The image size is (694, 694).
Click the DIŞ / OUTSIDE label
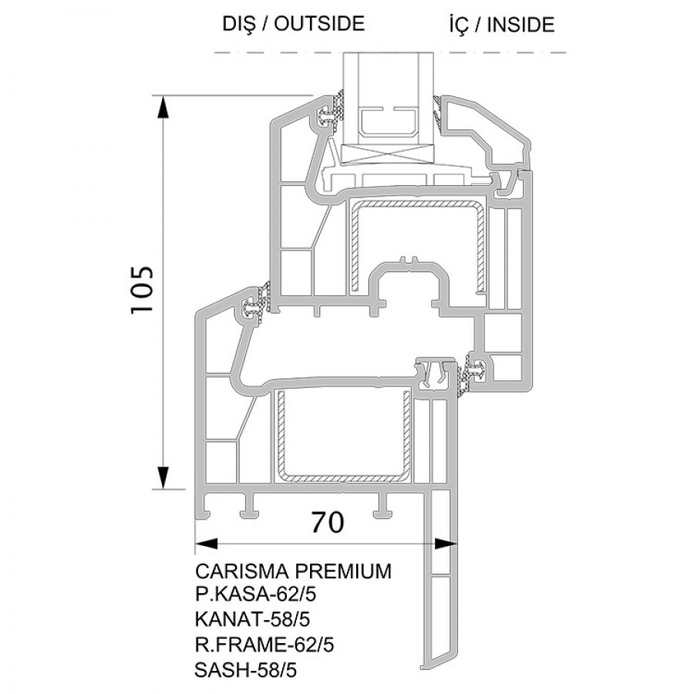294,23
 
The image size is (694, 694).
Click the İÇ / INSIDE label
502,25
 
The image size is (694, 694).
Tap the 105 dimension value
142,290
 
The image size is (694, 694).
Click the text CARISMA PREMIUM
294,571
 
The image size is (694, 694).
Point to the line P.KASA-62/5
256,595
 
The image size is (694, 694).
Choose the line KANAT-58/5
252,619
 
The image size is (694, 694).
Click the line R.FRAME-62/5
264,645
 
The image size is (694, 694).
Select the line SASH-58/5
246,670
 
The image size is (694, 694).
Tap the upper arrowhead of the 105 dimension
163,107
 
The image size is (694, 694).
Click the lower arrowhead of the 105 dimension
163,478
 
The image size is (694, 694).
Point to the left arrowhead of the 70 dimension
207,543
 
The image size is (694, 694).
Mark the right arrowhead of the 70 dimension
445,543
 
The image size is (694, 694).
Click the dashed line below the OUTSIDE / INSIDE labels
390,52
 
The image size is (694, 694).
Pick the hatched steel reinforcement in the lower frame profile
343,436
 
